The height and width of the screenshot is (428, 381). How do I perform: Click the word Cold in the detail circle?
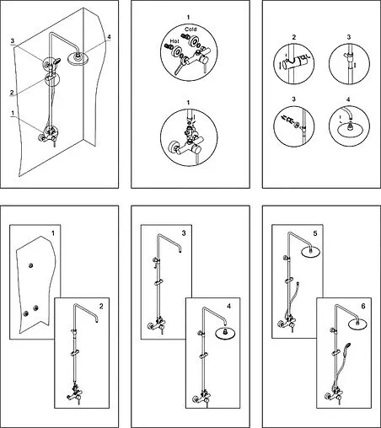(190, 29)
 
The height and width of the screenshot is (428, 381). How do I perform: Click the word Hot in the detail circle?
(174, 41)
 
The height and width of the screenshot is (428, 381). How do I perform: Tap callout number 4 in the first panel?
(109, 37)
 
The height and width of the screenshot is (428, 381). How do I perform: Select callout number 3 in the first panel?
(13, 41)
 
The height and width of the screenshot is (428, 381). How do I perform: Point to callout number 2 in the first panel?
(12, 93)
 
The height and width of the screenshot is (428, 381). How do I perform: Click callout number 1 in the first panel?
(13, 113)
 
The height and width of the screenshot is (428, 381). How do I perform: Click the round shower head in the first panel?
(78, 58)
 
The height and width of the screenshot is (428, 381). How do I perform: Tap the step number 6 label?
(363, 306)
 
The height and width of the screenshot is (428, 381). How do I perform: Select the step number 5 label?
(315, 233)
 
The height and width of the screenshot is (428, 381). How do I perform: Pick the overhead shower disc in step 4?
(225, 333)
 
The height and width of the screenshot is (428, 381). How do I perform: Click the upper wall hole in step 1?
(31, 265)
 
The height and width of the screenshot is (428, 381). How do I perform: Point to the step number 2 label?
(101, 306)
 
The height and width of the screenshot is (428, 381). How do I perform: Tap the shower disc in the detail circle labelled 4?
(350, 131)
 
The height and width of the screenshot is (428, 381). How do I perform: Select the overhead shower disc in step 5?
(310, 252)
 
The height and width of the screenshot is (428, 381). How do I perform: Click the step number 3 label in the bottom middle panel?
(184, 233)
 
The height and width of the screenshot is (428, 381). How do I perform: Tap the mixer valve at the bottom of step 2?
(75, 393)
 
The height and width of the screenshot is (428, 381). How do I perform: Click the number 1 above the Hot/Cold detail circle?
(188, 17)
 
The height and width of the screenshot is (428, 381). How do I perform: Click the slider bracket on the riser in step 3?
(158, 282)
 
